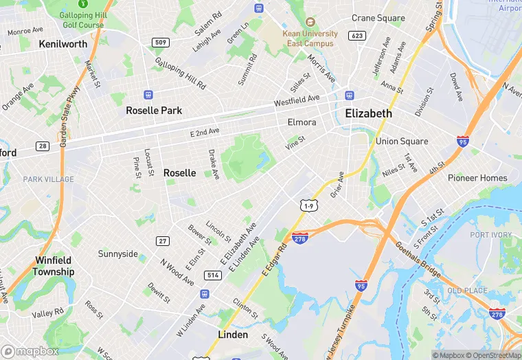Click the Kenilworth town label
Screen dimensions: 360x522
click(x=63, y=44)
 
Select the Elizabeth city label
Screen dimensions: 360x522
click(x=368, y=113)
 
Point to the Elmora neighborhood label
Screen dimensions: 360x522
click(x=302, y=123)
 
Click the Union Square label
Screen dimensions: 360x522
click(x=402, y=142)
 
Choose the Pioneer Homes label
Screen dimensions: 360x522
click(x=477, y=178)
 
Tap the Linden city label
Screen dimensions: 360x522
click(x=233, y=335)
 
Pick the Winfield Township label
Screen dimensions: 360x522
click(x=54, y=266)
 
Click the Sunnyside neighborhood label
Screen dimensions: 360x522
click(x=117, y=254)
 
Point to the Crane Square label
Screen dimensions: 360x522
click(x=378, y=18)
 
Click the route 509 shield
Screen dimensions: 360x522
click(x=161, y=43)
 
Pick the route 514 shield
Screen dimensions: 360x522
click(x=212, y=275)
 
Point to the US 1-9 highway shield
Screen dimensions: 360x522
click(x=308, y=205)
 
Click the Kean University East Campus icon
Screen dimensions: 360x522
click(x=310, y=22)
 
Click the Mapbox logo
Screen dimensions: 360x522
click(x=30, y=351)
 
